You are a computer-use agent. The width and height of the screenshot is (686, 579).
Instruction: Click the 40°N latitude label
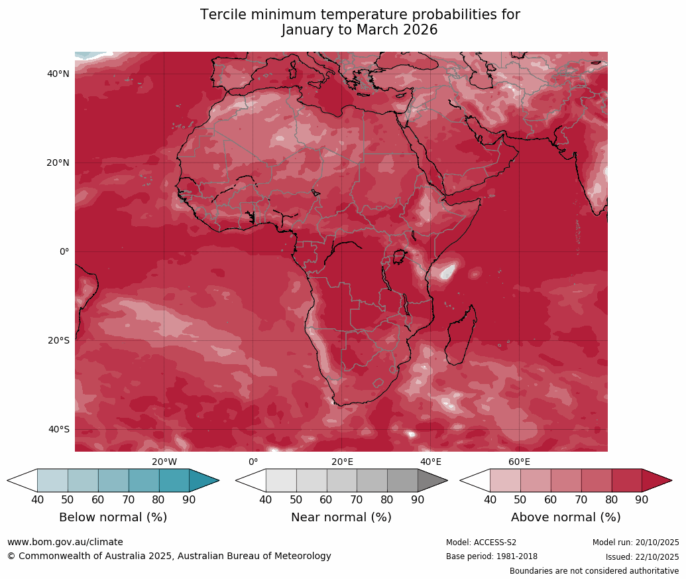[x=58, y=74]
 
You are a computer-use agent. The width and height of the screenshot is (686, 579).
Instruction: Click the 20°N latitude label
[x=58, y=163]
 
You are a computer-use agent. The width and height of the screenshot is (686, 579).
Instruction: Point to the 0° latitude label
[x=64, y=252]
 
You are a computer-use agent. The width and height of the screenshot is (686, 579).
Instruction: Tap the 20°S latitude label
[x=58, y=341]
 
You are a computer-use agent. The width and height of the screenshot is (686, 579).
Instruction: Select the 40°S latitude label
[x=58, y=430]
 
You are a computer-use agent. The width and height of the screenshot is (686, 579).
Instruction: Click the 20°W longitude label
[x=164, y=462]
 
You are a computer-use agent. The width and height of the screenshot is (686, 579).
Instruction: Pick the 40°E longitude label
[x=431, y=462]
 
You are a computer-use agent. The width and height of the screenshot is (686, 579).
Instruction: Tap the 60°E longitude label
[x=519, y=462]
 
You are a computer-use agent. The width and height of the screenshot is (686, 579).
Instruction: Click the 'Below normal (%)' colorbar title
[x=113, y=517]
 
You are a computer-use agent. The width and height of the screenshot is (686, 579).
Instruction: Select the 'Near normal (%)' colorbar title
[x=341, y=517]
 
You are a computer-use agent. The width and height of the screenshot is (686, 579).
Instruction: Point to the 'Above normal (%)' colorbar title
[x=565, y=517]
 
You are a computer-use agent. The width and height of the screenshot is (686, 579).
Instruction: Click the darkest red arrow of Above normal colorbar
[x=656, y=480]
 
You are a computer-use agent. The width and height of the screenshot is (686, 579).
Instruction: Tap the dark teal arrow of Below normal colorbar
[x=203, y=480]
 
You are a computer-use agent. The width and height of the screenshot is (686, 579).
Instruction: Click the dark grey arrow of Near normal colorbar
[x=431, y=480]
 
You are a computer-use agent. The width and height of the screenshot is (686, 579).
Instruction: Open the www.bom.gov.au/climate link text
[x=65, y=543]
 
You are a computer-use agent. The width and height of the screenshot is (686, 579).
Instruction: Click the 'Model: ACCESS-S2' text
[x=481, y=543]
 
